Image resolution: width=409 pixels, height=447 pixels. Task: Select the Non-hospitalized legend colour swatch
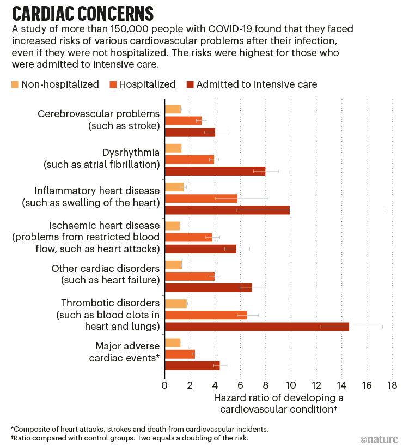[15, 84]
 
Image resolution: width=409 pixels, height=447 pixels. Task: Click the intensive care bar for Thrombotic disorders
[256, 327]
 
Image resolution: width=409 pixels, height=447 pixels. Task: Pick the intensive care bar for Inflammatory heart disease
[227, 210]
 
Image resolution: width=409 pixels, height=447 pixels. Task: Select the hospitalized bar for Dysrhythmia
[189, 160]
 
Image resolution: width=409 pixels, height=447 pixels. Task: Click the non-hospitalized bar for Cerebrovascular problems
[172, 109]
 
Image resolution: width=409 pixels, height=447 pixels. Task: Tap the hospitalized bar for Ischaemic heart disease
[188, 237]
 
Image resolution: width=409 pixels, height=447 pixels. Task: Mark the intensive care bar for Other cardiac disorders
[207, 287]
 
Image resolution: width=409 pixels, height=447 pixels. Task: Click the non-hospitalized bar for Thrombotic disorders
[175, 304]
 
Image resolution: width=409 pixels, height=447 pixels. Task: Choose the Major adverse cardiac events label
[127, 352]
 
